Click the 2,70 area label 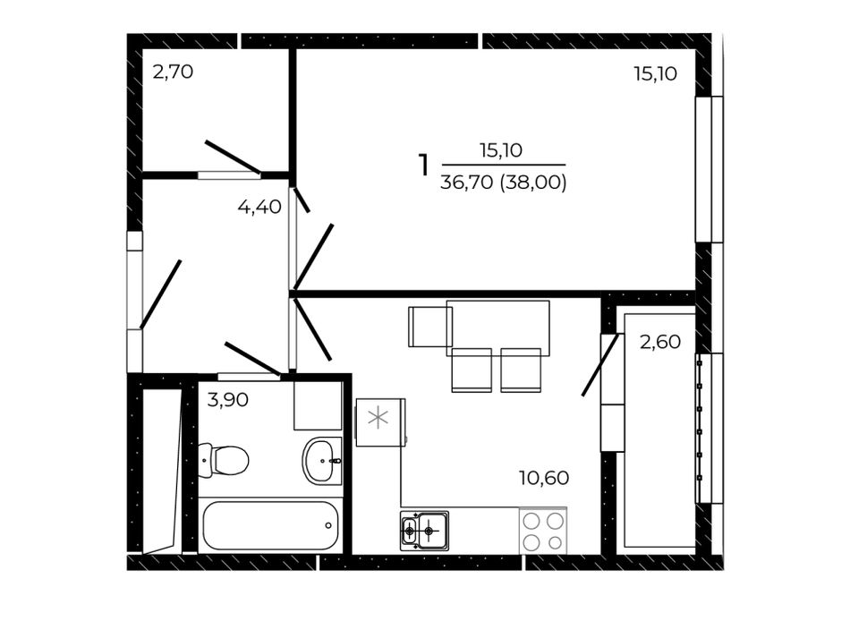[x=173, y=72]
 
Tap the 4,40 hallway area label [x=259, y=207]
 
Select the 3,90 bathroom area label [x=228, y=400]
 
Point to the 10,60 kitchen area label [x=544, y=478]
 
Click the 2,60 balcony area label [x=660, y=342]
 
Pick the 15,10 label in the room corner [x=655, y=73]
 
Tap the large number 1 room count [x=423, y=165]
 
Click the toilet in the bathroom [x=223, y=460]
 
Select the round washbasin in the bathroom [x=322, y=461]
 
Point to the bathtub [x=270, y=525]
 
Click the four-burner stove [x=542, y=532]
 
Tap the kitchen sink [x=424, y=531]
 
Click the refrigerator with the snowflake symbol [x=380, y=422]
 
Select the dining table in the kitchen [x=497, y=328]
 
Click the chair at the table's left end [x=430, y=327]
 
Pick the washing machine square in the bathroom [x=318, y=405]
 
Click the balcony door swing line [x=600, y=365]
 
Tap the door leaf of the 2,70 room [x=233, y=157]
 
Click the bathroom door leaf [x=252, y=358]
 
